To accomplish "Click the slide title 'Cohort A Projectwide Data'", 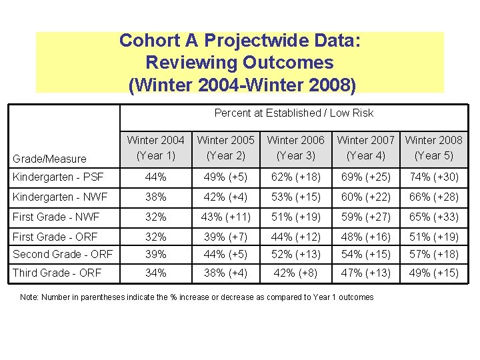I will pos(240,41).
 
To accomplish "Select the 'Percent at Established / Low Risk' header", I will pos(293,113).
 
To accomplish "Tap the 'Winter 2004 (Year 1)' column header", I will pos(155,147).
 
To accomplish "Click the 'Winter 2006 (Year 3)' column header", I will pos(295,147).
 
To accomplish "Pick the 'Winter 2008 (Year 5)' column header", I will pos(433,147).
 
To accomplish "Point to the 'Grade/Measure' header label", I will pos(50,159).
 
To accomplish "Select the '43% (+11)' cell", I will pos(225,217).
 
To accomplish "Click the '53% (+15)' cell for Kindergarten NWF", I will pos(295,197).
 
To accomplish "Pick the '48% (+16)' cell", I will pos(365,237).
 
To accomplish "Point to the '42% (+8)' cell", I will pos(295,273).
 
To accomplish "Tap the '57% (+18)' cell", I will pos(433,254).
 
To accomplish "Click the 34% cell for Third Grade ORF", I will pos(155,273).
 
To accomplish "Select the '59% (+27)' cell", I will pos(365,217).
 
